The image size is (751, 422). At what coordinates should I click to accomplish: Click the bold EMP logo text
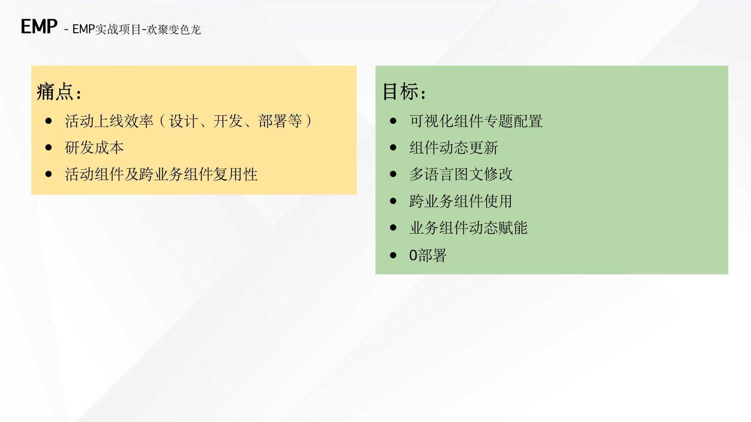click(x=39, y=27)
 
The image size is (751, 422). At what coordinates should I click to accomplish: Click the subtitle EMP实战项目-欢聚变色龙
click(x=137, y=29)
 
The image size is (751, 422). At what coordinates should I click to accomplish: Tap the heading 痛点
click(x=55, y=92)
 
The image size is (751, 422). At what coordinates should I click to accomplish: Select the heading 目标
click(x=401, y=91)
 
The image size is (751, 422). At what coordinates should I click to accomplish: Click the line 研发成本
click(x=94, y=148)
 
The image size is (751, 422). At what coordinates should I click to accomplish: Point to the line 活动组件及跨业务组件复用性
click(x=161, y=174)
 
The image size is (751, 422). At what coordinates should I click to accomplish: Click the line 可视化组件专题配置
click(x=476, y=121)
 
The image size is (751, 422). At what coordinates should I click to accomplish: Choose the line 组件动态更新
click(x=454, y=148)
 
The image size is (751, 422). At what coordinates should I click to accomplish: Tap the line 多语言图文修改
click(x=461, y=174)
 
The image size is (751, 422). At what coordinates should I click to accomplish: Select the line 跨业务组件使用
click(x=461, y=201)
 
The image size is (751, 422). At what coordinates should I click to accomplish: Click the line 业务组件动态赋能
click(x=469, y=228)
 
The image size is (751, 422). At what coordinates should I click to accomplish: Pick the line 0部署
click(x=428, y=255)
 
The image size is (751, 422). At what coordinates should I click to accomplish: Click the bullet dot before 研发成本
click(x=49, y=148)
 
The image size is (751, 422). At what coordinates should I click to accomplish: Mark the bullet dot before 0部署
click(x=393, y=256)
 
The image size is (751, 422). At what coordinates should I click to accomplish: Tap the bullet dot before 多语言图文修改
click(x=393, y=174)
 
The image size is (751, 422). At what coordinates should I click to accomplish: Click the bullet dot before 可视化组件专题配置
click(x=393, y=121)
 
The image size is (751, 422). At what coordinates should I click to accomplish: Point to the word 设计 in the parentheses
click(x=184, y=121)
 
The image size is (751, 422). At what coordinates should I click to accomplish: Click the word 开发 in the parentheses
click(x=228, y=121)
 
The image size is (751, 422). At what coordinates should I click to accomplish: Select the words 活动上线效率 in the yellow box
click(x=109, y=121)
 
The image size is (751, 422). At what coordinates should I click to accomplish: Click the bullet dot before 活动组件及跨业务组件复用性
click(x=49, y=174)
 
